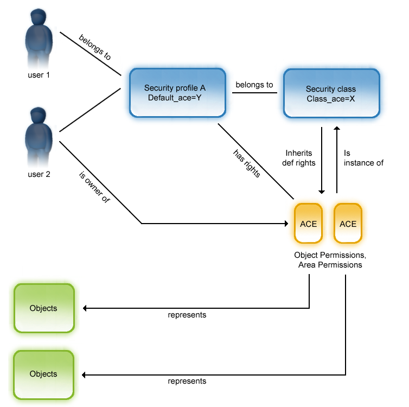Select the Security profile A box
(177, 93)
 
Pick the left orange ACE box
(308, 224)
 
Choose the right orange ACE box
(348, 224)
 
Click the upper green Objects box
(43, 308)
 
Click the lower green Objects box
(43, 374)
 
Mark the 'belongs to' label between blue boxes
(254, 85)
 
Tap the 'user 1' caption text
(39, 75)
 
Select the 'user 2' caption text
(39, 174)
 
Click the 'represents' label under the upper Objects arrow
(187, 315)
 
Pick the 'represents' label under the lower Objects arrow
(187, 381)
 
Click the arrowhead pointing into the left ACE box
(286, 223)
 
